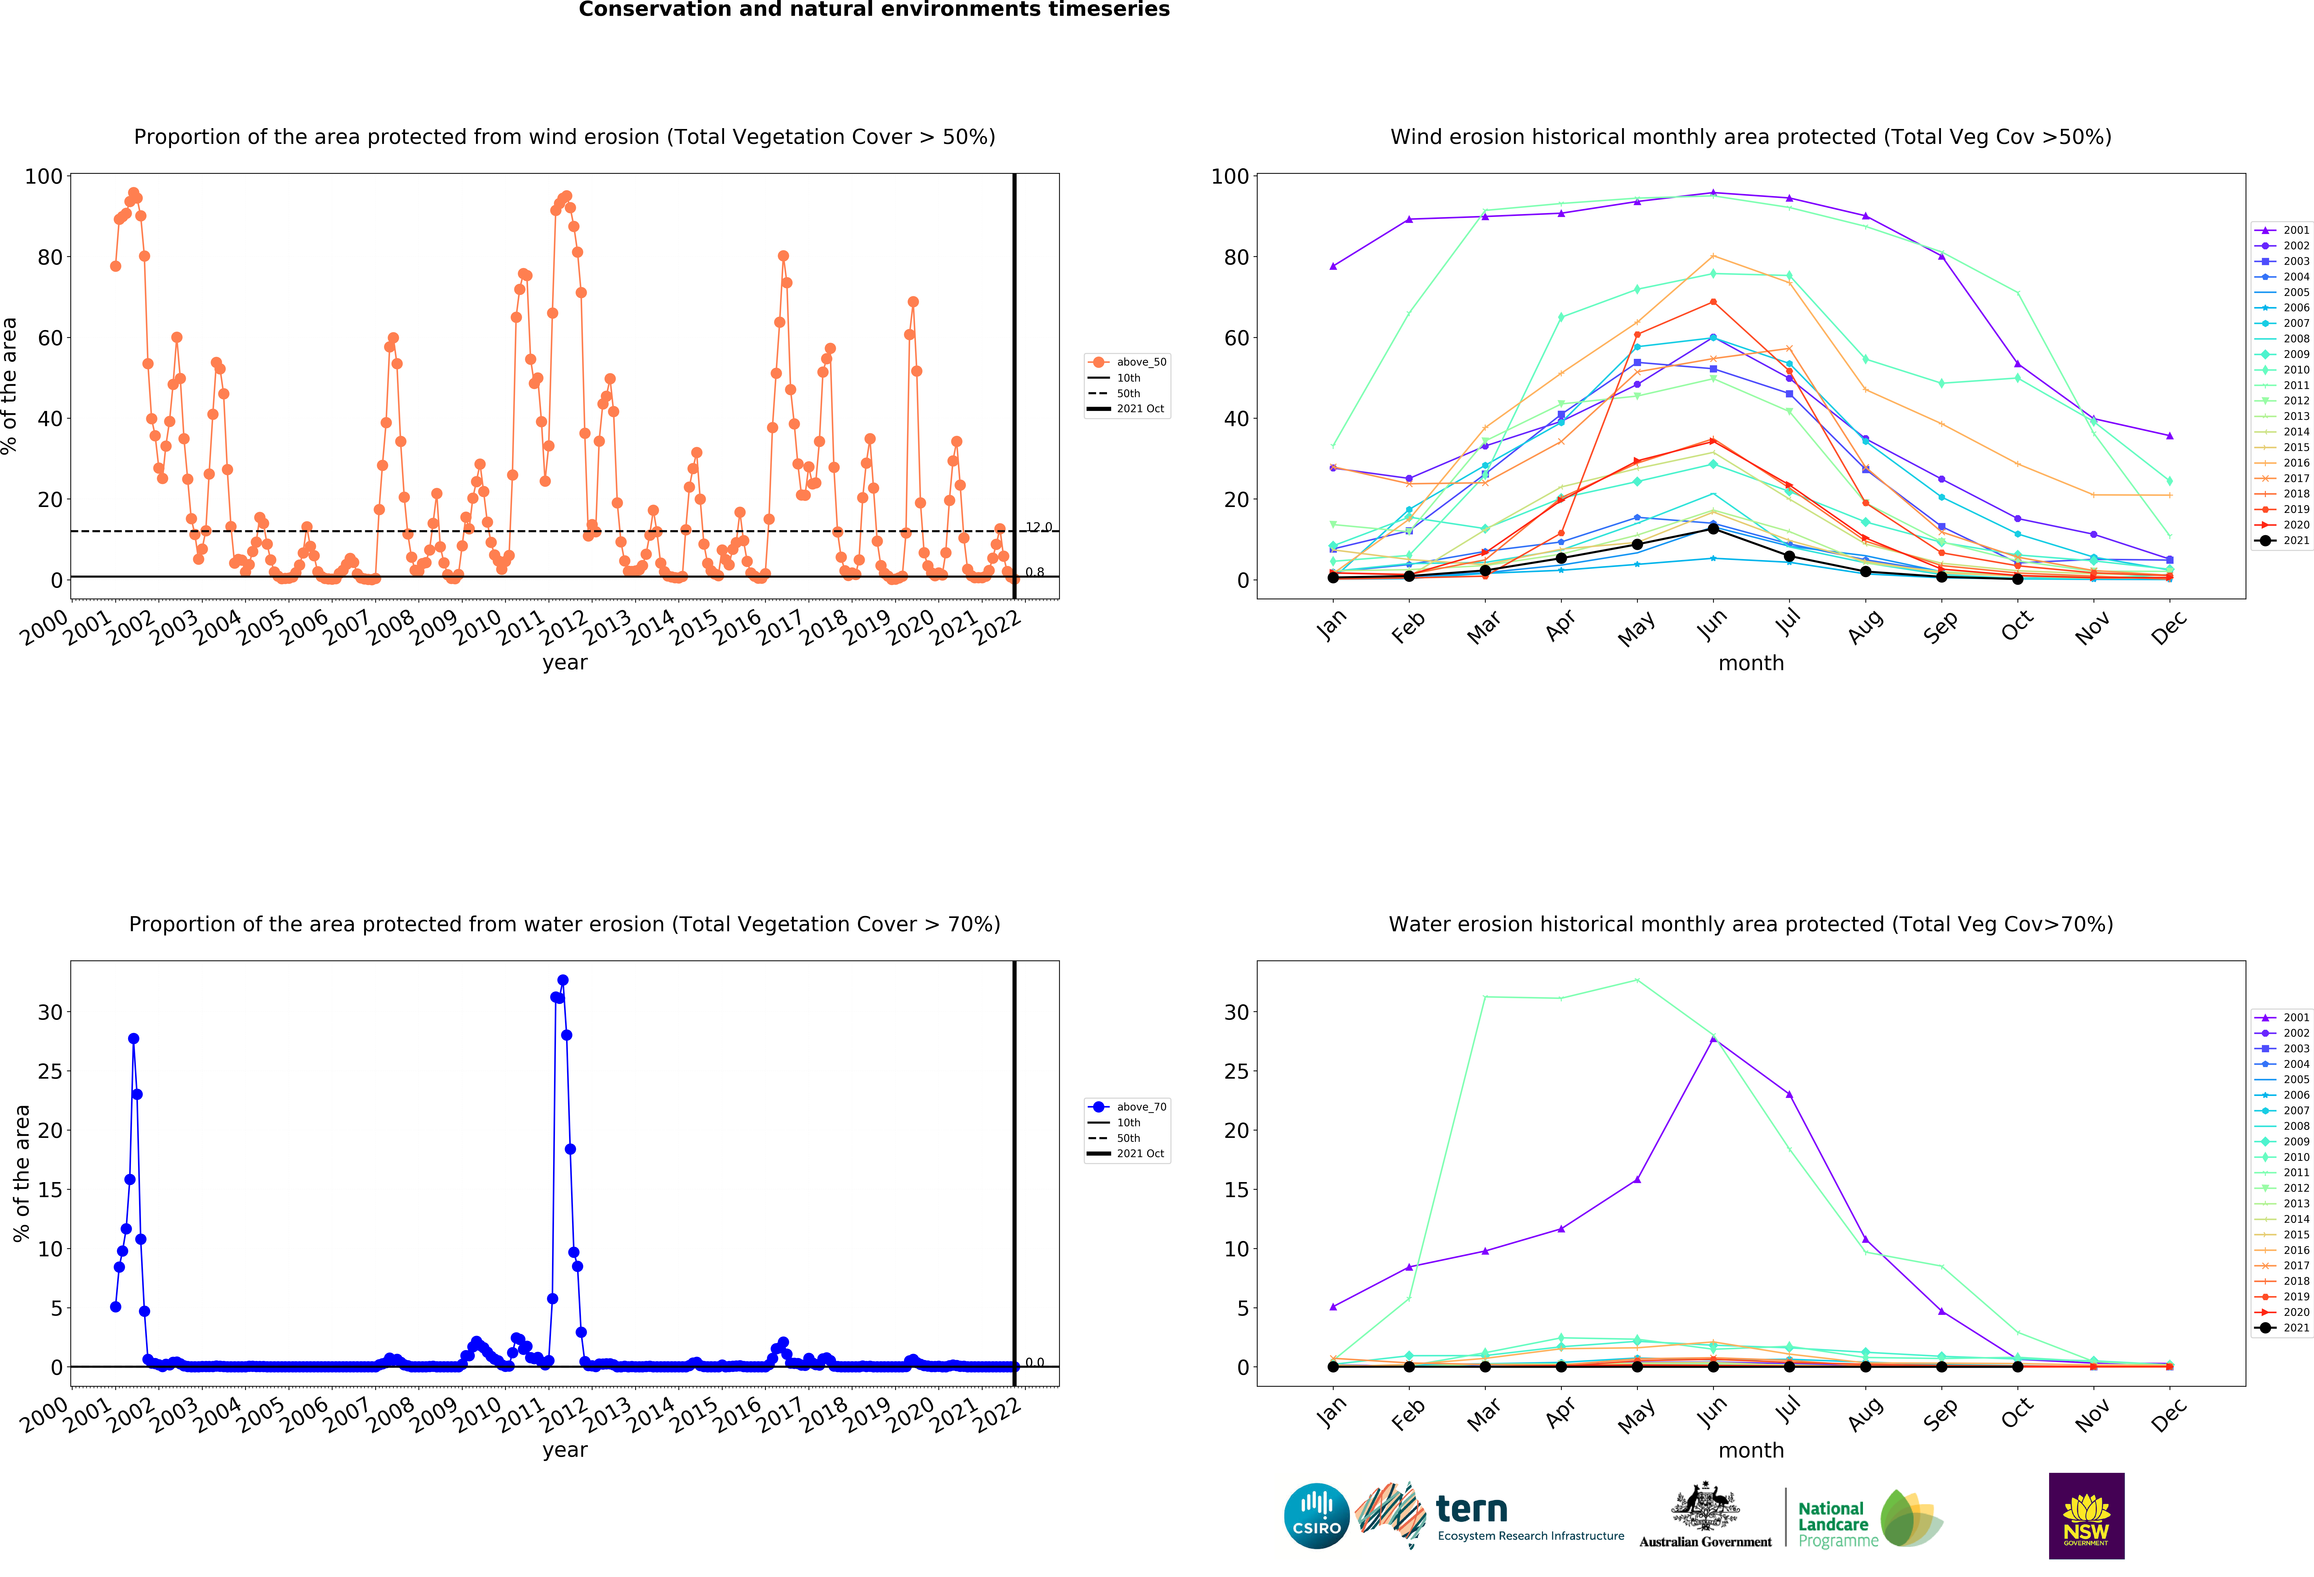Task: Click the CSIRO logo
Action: click(1316, 1515)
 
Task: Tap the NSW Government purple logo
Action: click(2086, 1515)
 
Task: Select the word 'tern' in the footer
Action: click(1472, 1509)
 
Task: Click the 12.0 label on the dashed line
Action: click(1039, 527)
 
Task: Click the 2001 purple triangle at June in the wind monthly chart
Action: click(1713, 192)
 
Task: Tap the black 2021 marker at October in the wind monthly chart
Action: click(2017, 578)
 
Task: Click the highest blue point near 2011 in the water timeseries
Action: click(563, 981)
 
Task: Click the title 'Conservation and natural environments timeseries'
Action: click(874, 10)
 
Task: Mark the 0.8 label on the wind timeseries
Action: click(1034, 572)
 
